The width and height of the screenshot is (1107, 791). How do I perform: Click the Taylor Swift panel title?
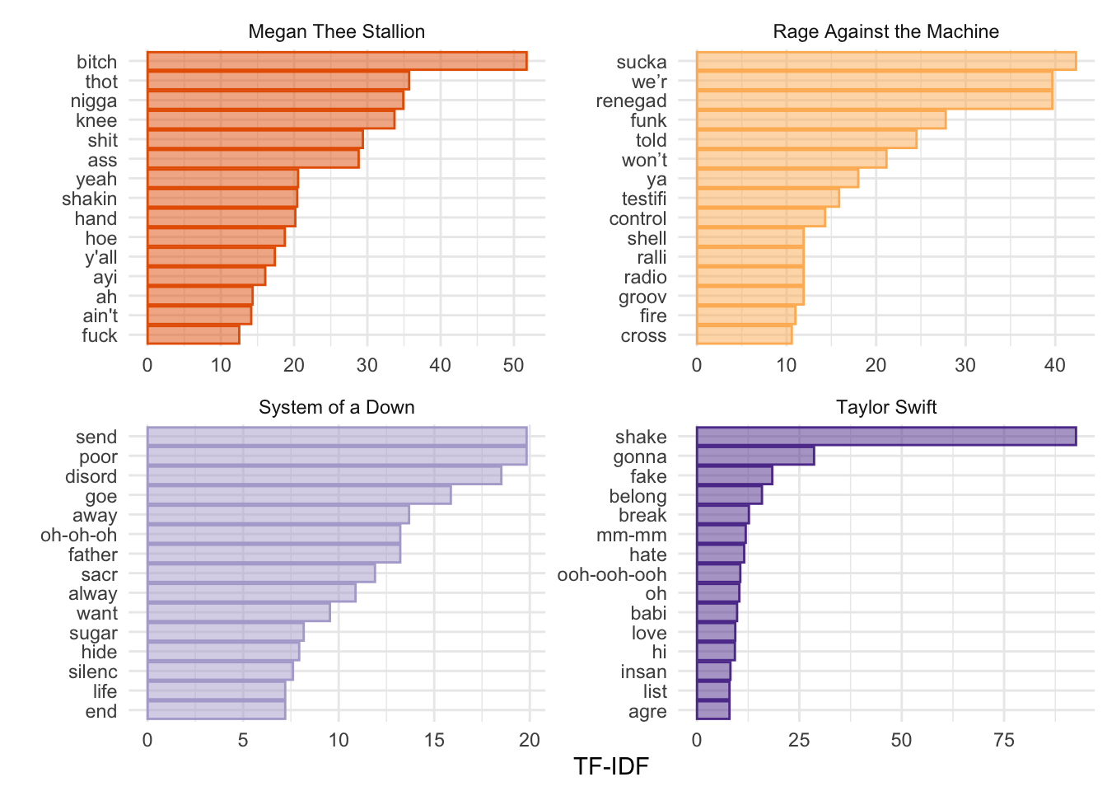(886, 407)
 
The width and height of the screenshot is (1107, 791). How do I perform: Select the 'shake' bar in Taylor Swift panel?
(886, 437)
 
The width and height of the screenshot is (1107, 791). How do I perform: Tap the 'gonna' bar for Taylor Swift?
(755, 456)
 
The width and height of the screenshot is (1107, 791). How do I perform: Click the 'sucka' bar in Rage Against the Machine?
(886, 62)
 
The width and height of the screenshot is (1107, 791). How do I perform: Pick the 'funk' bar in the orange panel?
(821, 120)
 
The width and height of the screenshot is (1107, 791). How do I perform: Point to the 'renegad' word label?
(631, 101)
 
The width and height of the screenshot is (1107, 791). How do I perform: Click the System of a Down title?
(336, 407)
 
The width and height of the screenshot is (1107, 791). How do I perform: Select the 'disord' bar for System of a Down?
(325, 476)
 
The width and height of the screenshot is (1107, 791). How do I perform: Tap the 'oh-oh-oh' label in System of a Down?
(79, 536)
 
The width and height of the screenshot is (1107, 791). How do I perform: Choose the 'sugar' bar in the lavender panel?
(226, 633)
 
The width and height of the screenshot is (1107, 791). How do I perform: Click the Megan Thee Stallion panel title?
(336, 31)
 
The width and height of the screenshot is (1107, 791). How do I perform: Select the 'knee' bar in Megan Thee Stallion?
(271, 120)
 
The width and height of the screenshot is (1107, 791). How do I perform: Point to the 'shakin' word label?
(89, 199)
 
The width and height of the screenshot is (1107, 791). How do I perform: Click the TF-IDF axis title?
(611, 767)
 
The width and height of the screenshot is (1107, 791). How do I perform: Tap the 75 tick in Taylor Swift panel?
(1004, 740)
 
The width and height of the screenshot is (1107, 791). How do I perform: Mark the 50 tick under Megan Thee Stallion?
(513, 365)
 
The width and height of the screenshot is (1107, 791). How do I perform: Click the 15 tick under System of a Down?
(434, 740)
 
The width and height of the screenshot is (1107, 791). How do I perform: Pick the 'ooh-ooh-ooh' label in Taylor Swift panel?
(612, 574)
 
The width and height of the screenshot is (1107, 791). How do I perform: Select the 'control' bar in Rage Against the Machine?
(761, 218)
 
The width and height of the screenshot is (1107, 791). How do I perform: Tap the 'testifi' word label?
(644, 199)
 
